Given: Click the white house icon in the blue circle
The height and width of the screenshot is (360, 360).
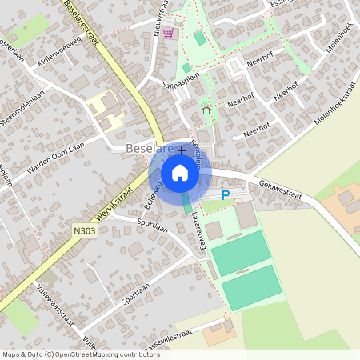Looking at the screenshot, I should pyautogui.click(x=180, y=172).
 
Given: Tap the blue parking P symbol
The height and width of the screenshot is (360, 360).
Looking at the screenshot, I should pyautogui.click(x=226, y=194).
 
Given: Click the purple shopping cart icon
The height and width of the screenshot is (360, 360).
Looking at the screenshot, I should pyautogui.click(x=168, y=33).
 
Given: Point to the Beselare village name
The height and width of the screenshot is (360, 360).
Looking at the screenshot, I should pyautogui.click(x=148, y=150).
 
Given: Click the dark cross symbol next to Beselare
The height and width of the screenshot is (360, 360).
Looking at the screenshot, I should pyautogui.click(x=182, y=150).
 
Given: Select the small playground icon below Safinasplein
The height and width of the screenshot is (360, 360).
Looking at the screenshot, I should pyautogui.click(x=207, y=110).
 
